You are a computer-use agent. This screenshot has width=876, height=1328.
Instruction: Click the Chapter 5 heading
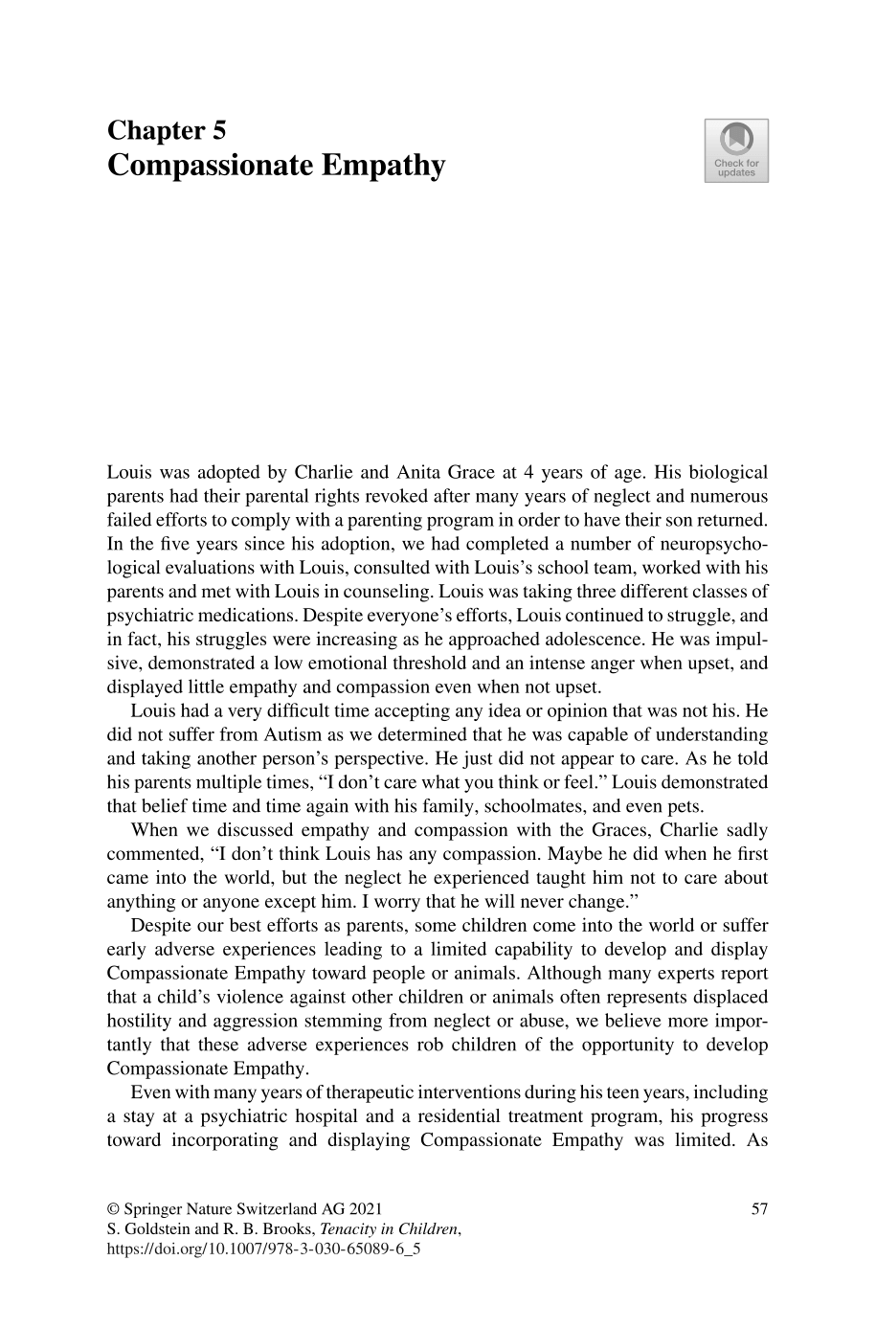pyautogui.click(x=166, y=130)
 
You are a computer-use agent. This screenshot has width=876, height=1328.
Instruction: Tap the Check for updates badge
pyautogui.click(x=736, y=150)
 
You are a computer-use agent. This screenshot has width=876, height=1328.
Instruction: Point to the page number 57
pyautogui.click(x=759, y=1208)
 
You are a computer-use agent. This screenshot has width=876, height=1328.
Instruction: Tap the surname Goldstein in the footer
pyautogui.click(x=163, y=1229)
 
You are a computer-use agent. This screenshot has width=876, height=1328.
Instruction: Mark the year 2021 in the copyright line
pyautogui.click(x=375, y=1208)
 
